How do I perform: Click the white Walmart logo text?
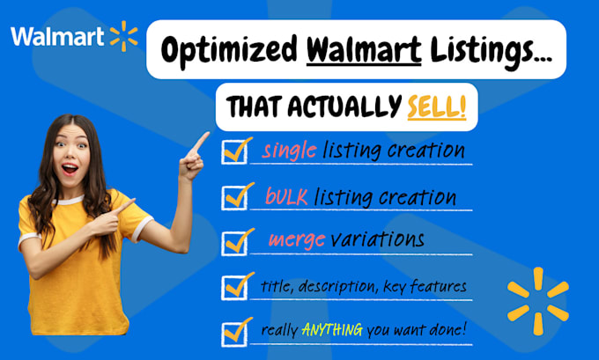[x=57, y=36]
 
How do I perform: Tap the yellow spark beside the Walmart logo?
[x=124, y=36]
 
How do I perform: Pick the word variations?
[x=381, y=240]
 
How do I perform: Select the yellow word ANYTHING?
[x=332, y=332]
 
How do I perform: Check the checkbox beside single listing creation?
[x=235, y=151]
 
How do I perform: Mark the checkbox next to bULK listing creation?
[x=235, y=197]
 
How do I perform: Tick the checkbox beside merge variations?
[x=235, y=241]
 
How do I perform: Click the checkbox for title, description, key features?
[x=235, y=286]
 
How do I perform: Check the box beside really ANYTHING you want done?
[x=235, y=332]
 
